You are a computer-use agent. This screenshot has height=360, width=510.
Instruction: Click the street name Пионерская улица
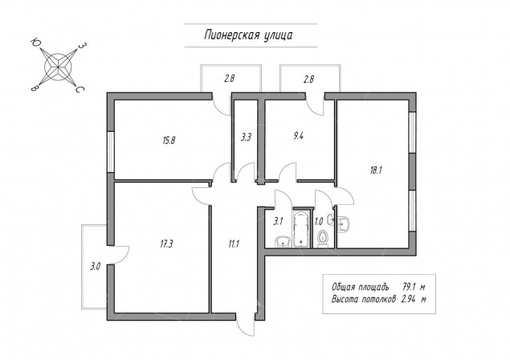248,35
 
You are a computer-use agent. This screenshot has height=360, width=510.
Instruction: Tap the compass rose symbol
58,67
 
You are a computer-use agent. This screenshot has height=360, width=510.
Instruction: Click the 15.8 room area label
169,141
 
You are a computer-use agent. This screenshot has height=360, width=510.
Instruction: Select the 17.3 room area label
166,243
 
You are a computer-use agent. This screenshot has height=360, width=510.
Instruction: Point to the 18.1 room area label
376,170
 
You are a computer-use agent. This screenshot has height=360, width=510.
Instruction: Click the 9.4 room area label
298,136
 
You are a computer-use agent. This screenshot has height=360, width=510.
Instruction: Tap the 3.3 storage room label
246,137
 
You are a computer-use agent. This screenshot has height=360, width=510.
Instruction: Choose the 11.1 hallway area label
234,243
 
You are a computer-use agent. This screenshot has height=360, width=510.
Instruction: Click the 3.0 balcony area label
95,267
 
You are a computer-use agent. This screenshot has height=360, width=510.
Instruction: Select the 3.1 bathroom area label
278,222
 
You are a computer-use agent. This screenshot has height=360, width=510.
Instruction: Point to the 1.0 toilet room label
319,222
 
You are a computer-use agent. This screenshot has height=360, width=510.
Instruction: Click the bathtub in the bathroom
302,229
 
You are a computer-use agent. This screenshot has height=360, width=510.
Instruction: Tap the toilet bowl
323,239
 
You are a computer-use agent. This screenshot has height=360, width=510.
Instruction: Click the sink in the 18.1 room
343,224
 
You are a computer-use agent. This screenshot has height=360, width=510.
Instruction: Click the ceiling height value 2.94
409,299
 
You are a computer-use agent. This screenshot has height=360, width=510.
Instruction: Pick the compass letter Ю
35,42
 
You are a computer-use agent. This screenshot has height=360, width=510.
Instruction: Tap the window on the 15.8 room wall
111,152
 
